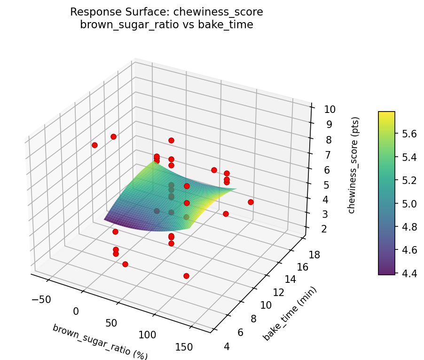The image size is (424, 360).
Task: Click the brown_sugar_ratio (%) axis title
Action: point(100,342)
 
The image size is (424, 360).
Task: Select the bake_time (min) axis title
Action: point(290,314)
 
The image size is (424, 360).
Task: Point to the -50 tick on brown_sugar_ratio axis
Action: point(41,299)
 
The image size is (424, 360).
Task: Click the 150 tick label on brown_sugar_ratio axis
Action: point(183,347)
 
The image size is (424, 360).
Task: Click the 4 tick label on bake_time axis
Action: point(228,347)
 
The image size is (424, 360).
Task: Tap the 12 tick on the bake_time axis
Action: point(279,292)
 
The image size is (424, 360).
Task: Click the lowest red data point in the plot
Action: point(186,276)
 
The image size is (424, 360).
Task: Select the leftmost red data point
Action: point(95,145)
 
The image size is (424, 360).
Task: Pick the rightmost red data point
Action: point(251,202)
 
